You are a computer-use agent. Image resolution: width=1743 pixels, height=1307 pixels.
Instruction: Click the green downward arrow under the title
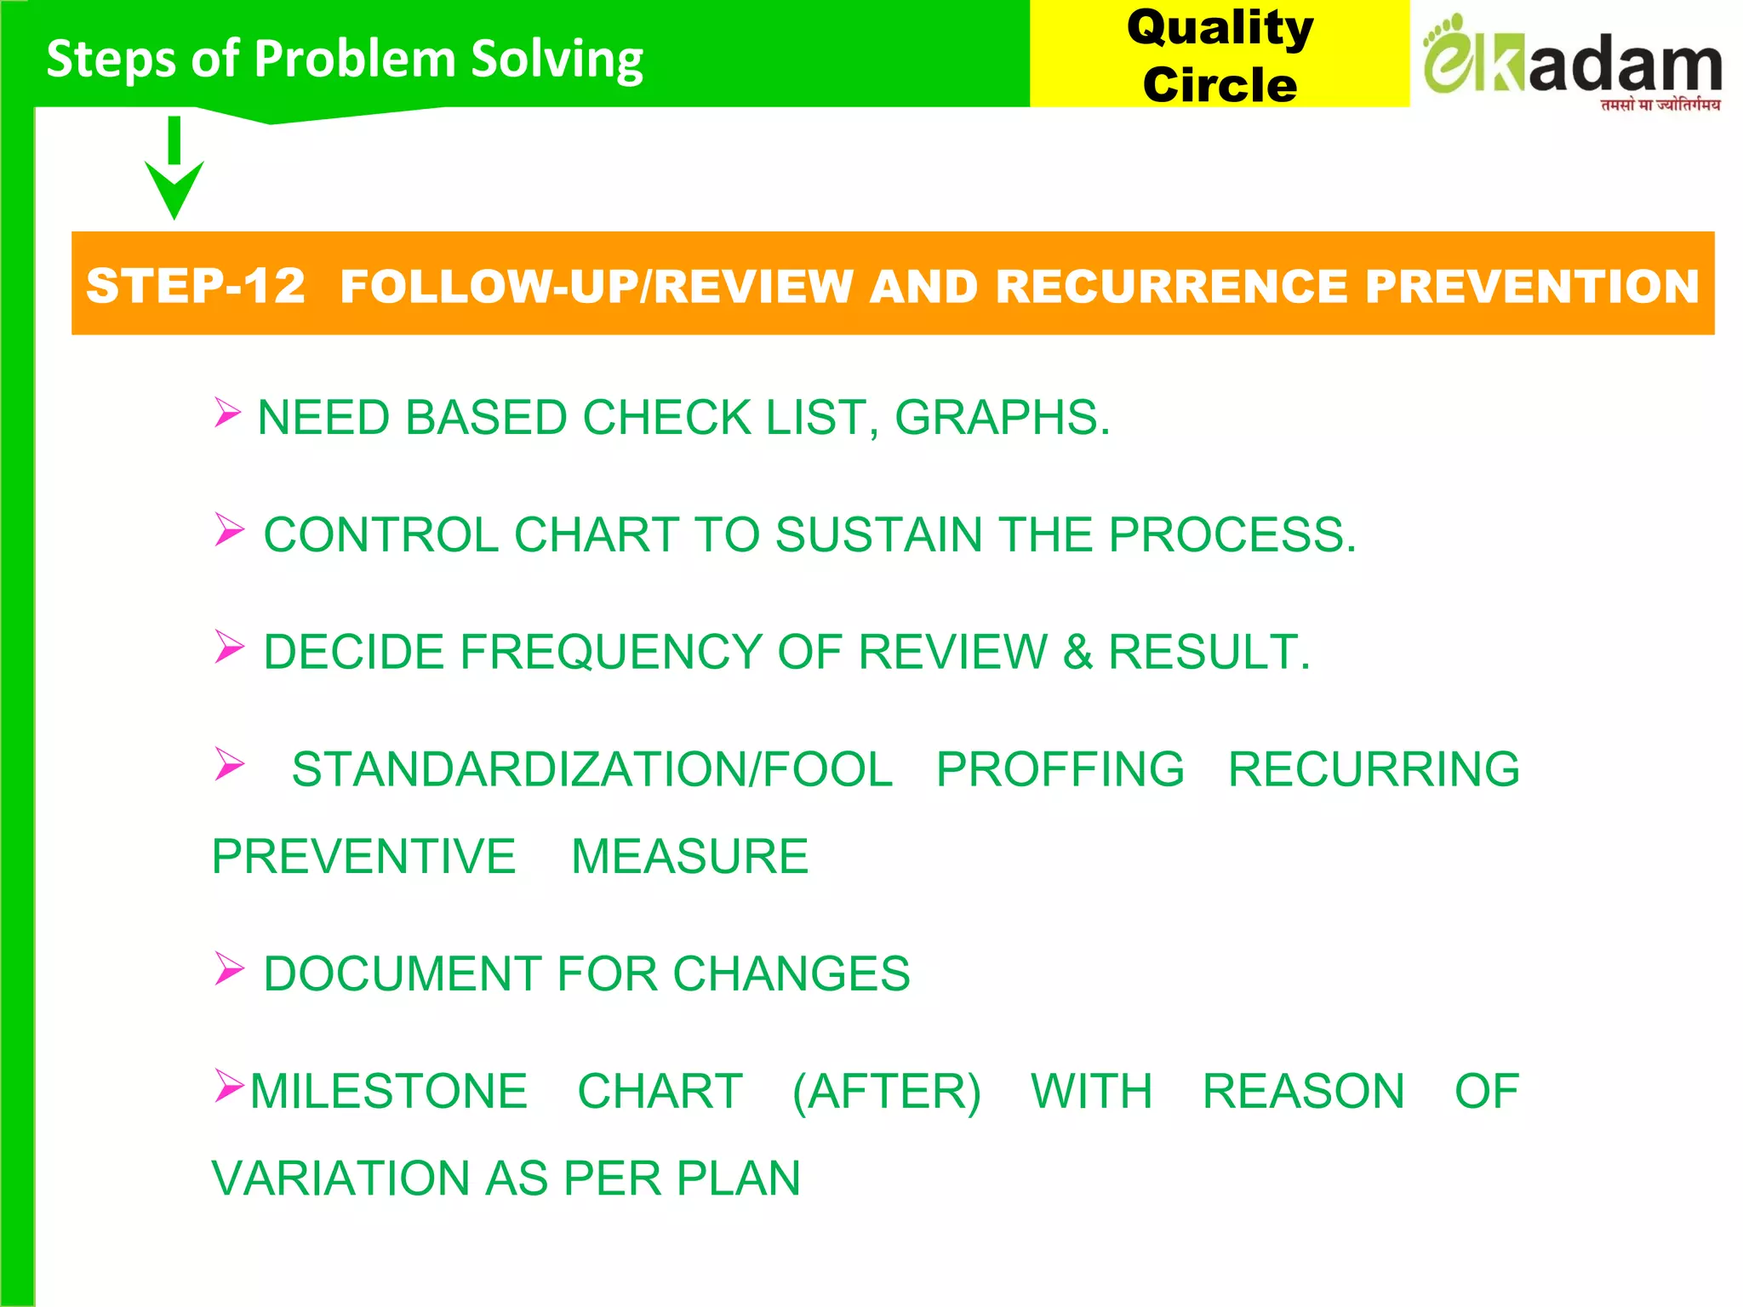[x=174, y=170]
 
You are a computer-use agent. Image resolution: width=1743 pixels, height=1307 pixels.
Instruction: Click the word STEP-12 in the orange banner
[x=196, y=286]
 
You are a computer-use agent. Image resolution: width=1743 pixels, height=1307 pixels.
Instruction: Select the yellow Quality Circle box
[x=1219, y=54]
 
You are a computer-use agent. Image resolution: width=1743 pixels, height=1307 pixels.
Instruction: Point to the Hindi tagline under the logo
[x=1660, y=105]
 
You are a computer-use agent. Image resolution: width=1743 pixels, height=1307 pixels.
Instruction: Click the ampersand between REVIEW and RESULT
[x=1077, y=653]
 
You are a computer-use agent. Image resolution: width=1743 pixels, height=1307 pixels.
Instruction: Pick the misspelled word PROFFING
[x=1060, y=770]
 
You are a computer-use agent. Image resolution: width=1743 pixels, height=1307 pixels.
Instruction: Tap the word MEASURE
[x=689, y=857]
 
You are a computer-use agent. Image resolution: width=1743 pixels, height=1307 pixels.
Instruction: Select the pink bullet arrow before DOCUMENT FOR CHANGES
[x=229, y=968]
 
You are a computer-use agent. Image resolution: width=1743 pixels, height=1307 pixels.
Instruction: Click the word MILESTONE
[x=389, y=1092]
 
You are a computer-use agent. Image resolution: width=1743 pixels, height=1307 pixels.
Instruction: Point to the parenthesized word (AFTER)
[x=887, y=1092]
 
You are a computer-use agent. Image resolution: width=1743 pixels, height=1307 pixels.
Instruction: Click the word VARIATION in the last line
[x=340, y=1179]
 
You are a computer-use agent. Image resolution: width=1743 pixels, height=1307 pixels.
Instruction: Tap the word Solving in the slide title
[x=557, y=60]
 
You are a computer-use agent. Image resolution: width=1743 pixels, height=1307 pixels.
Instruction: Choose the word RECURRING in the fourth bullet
[x=1374, y=770]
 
